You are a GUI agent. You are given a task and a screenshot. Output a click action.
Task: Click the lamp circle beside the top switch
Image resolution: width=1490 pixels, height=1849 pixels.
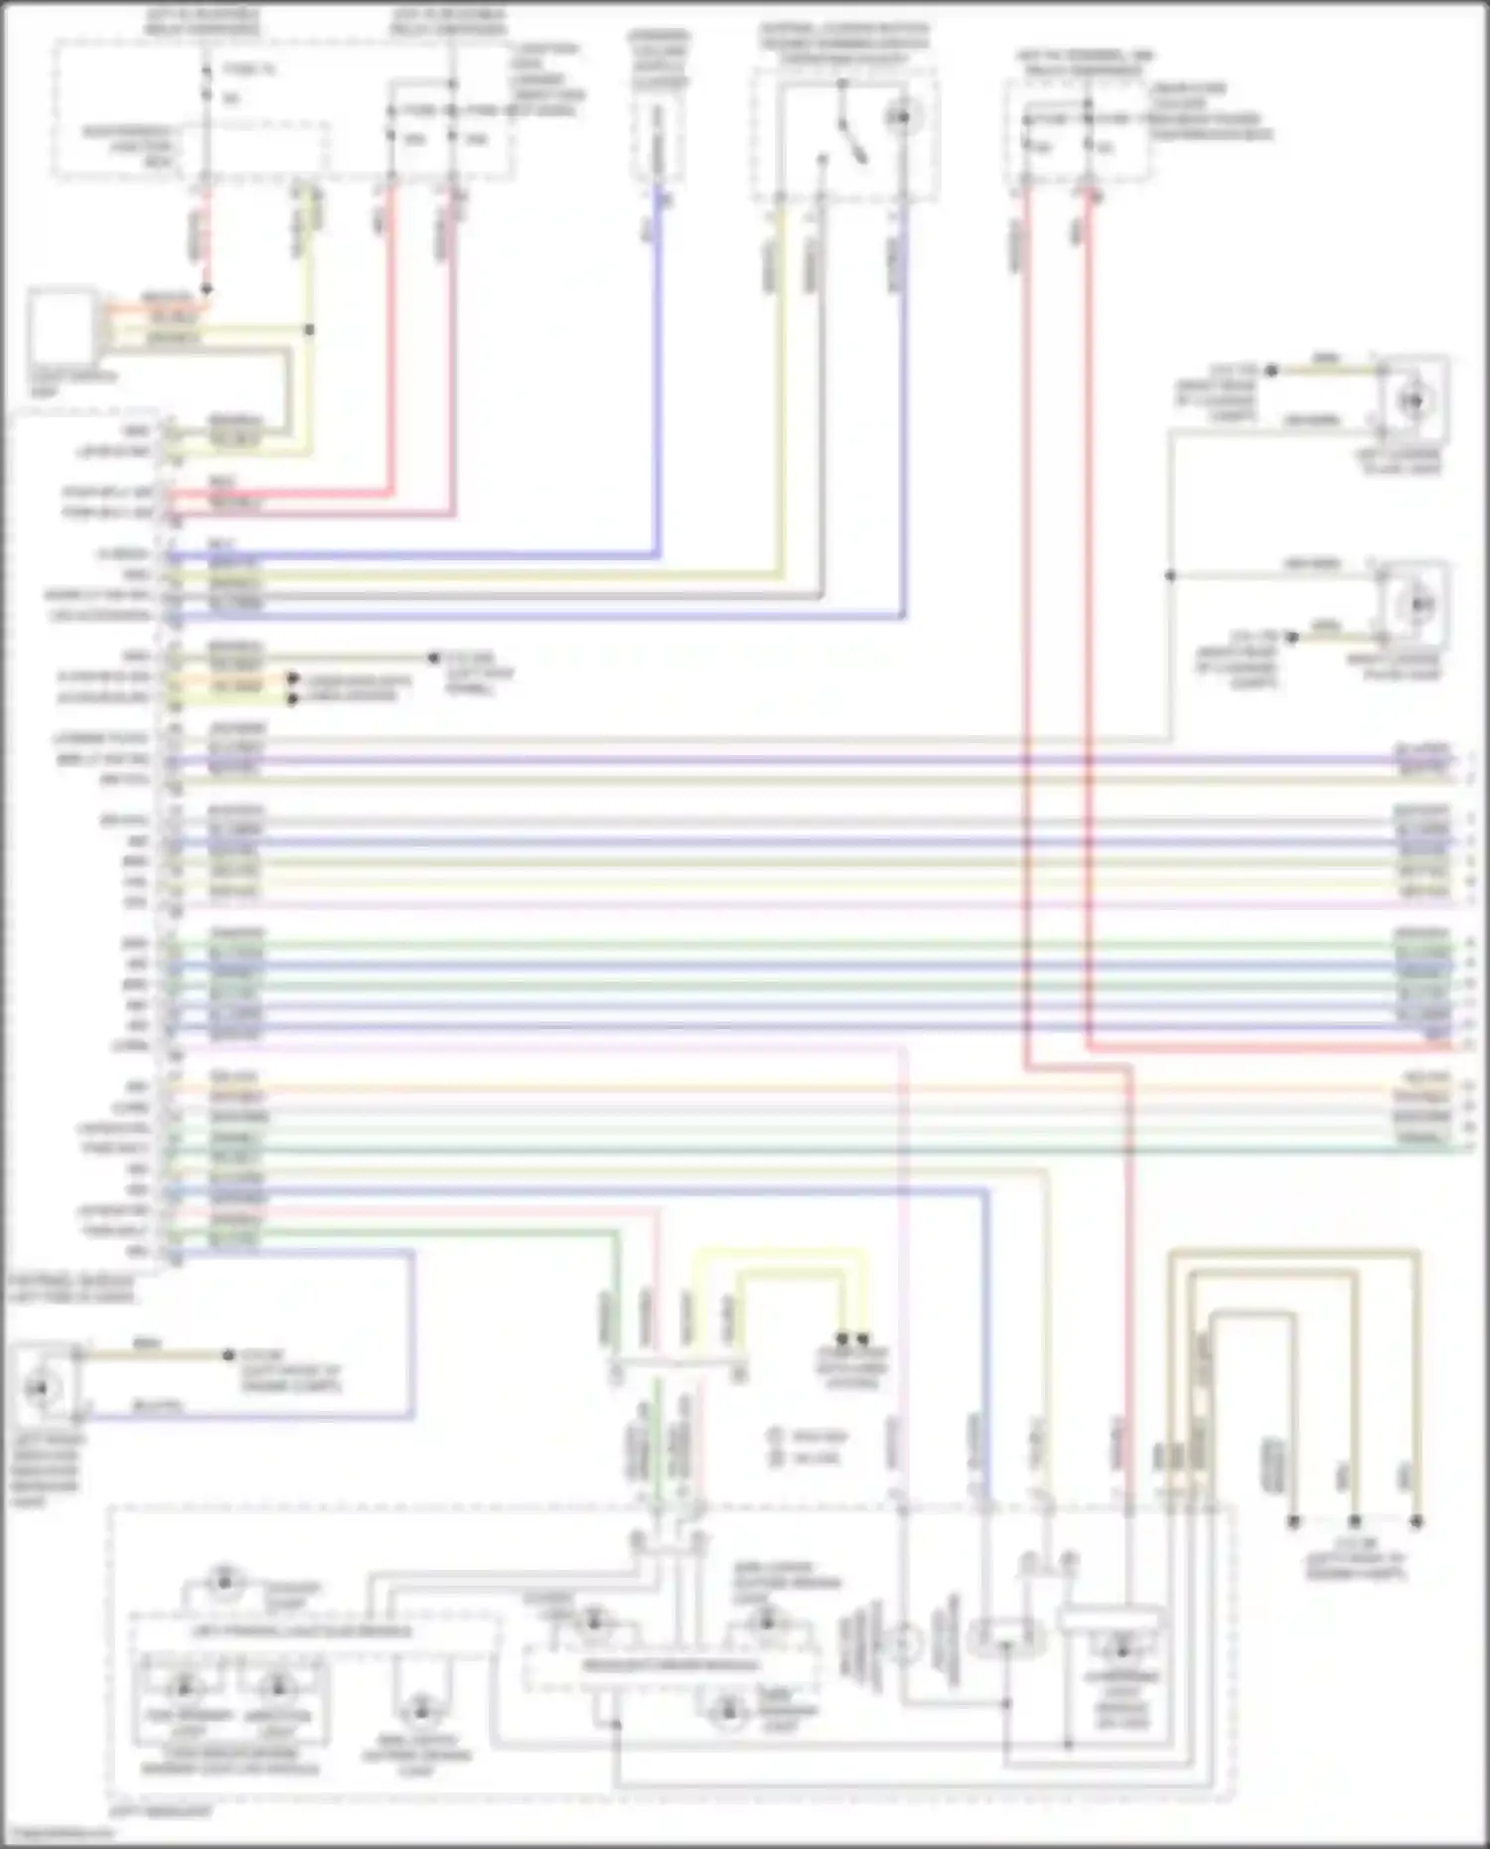(902, 118)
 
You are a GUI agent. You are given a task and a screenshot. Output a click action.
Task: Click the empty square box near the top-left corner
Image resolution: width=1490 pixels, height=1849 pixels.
(63, 325)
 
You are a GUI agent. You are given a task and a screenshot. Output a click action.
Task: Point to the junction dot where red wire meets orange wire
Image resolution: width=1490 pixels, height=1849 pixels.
(207, 289)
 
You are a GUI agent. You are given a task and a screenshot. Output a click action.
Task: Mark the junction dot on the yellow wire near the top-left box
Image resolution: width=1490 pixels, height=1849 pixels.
(309, 330)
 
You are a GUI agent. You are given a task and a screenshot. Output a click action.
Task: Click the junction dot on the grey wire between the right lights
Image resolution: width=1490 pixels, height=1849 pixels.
(1170, 575)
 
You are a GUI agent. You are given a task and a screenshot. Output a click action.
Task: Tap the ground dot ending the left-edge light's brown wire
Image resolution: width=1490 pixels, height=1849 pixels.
(228, 1355)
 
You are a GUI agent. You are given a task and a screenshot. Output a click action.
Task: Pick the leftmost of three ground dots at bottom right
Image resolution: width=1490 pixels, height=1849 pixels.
(1293, 1521)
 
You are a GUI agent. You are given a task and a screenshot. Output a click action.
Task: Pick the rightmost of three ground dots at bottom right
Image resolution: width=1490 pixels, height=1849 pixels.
(1416, 1521)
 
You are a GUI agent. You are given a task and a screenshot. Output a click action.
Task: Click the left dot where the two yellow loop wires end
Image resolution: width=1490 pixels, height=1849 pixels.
(842, 1339)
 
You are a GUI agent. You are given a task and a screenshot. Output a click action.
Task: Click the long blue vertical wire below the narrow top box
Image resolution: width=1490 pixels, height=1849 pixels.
(657, 378)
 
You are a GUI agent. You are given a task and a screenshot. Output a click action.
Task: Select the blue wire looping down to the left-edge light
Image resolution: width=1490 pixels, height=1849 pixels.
(411, 1331)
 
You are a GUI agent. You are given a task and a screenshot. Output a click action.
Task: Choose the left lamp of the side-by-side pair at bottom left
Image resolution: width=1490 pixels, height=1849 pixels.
(185, 1688)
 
